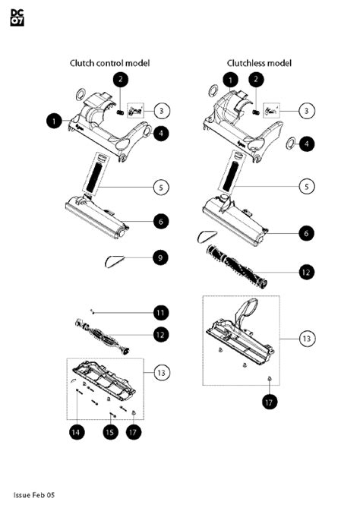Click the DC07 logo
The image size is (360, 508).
click(x=17, y=17)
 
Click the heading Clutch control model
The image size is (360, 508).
click(x=110, y=63)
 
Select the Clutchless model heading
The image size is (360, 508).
click(x=259, y=63)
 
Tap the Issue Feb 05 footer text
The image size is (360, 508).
click(x=34, y=495)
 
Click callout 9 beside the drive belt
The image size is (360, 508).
click(x=160, y=258)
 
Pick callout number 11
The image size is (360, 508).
click(x=161, y=313)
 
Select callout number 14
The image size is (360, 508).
click(x=77, y=432)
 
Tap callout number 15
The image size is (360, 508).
click(x=110, y=432)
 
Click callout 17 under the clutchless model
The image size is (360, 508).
click(x=270, y=402)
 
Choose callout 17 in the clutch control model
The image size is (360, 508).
click(x=133, y=432)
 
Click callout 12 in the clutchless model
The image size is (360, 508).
click(x=306, y=272)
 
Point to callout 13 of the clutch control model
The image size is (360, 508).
click(x=161, y=373)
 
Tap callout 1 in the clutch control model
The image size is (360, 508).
click(x=54, y=121)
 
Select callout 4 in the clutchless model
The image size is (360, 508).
click(x=307, y=144)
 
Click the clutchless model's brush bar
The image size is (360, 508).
click(x=236, y=267)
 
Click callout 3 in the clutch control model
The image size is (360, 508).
click(x=161, y=110)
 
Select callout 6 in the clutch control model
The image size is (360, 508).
click(x=161, y=222)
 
